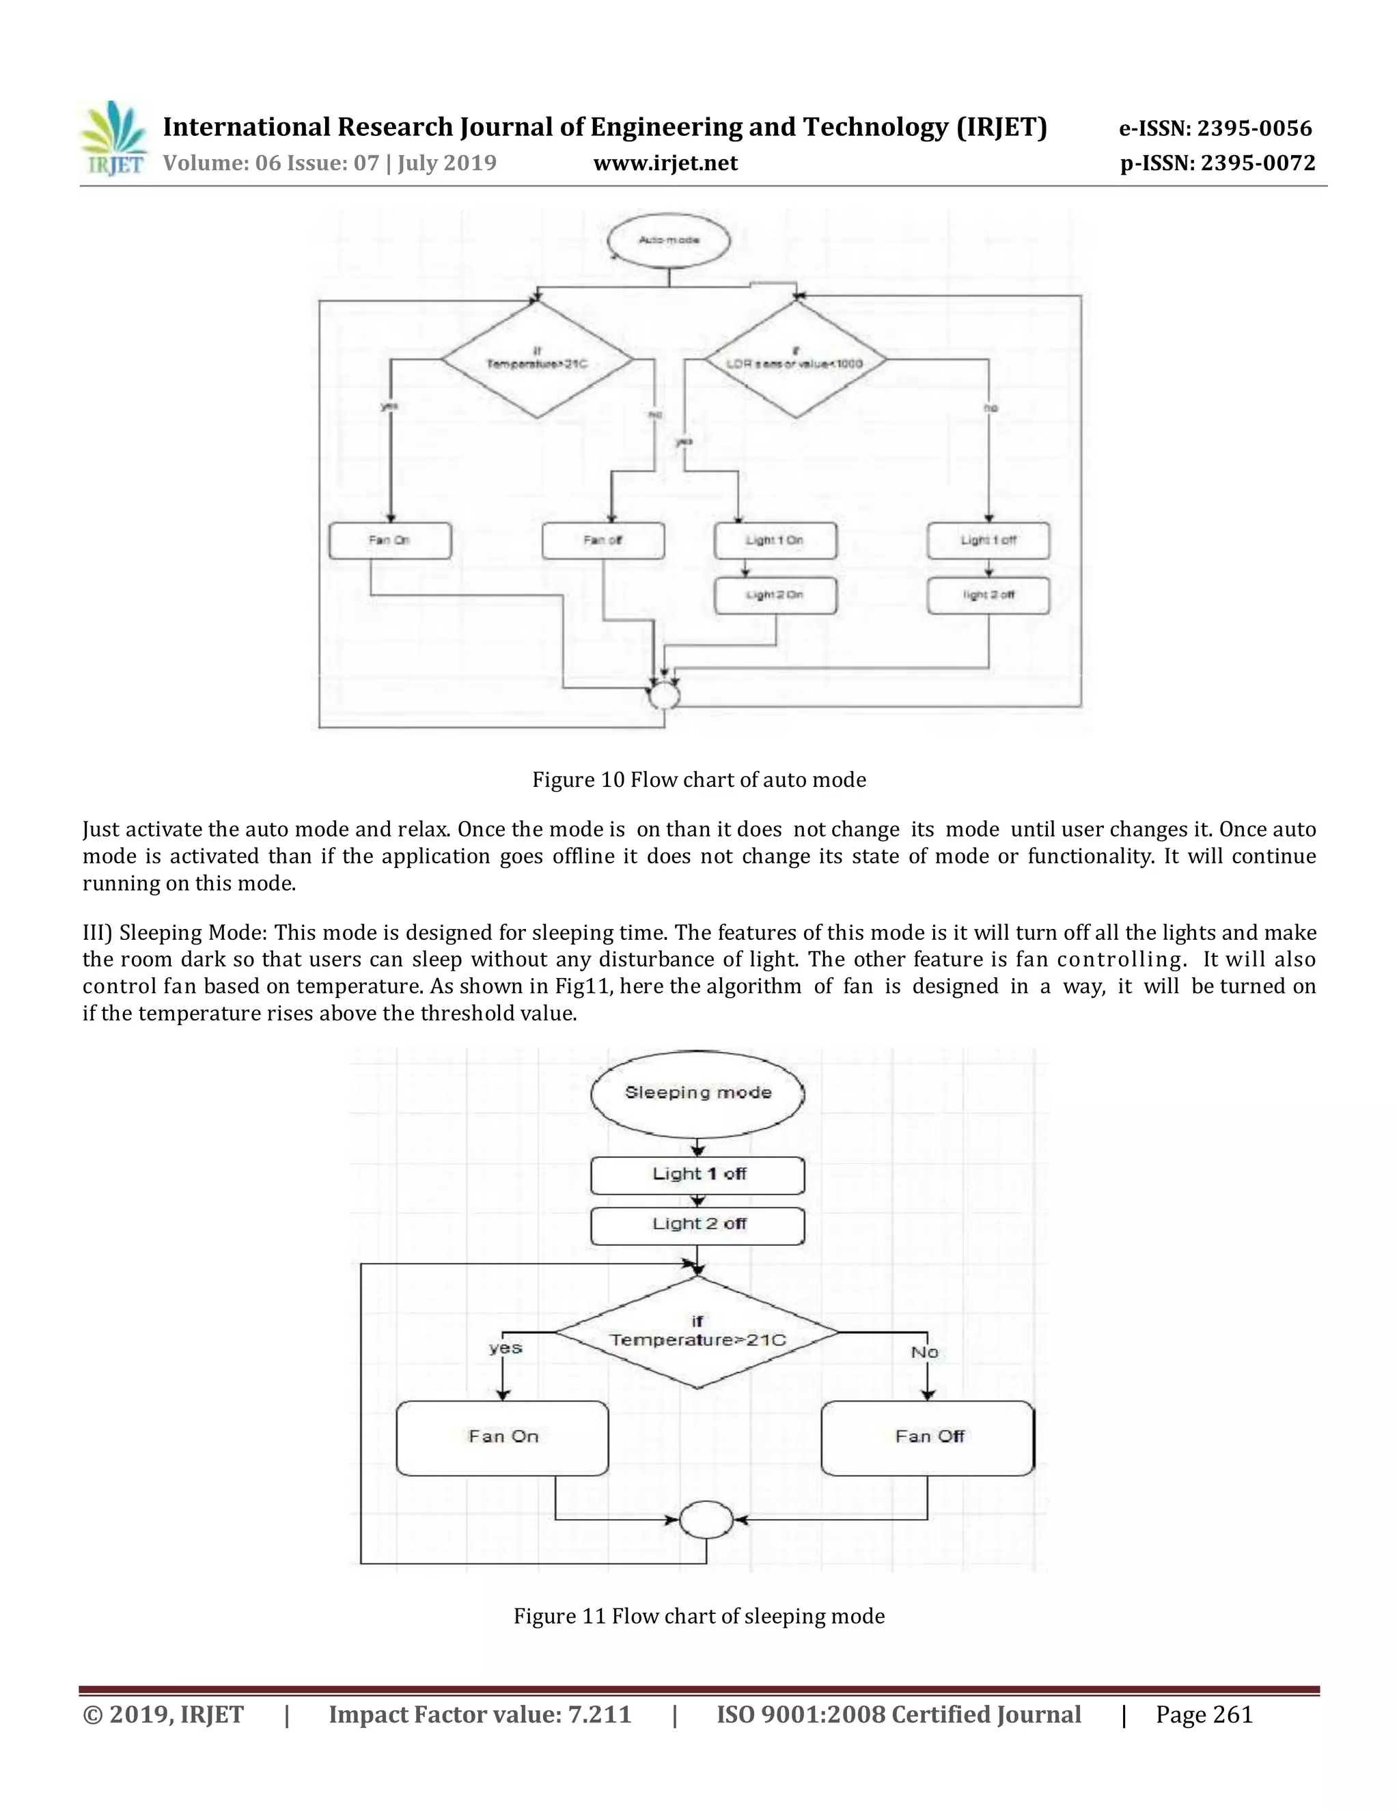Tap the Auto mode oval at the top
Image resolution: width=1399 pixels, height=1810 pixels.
(x=669, y=240)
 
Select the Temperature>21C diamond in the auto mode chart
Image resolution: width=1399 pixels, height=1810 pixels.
(x=537, y=360)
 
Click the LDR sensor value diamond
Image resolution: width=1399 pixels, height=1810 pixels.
(x=796, y=360)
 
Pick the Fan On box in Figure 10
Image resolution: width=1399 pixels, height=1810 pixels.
(x=390, y=540)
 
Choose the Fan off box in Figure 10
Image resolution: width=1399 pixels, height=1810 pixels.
(x=603, y=540)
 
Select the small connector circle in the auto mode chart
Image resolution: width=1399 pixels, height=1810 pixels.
(x=664, y=696)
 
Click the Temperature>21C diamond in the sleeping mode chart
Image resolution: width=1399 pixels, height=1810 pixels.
(x=698, y=1332)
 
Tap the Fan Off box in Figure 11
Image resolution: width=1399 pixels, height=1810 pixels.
(x=928, y=1438)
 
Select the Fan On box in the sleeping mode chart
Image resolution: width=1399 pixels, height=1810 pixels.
(x=502, y=1438)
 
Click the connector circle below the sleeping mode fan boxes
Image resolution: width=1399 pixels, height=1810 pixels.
(x=706, y=1520)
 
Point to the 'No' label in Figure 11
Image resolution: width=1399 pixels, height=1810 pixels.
(x=925, y=1352)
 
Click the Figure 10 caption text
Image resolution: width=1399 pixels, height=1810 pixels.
(x=699, y=780)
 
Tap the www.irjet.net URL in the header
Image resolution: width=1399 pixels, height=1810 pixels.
(x=665, y=163)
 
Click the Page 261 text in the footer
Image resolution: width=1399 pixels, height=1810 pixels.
(x=1204, y=1714)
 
